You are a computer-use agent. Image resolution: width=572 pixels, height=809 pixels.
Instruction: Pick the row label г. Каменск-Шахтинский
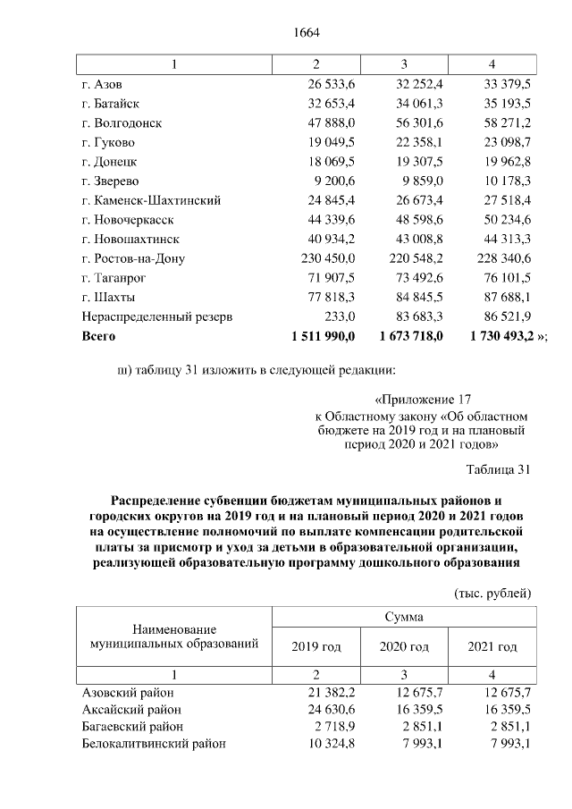150,200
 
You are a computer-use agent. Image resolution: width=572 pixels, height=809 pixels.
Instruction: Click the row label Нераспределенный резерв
157,317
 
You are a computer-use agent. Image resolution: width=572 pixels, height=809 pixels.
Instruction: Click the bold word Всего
98,337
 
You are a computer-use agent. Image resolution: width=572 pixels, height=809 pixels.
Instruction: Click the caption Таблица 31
500,469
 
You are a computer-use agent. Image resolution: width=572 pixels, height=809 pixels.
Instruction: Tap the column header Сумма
404,617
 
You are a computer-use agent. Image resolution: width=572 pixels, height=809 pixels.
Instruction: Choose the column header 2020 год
404,647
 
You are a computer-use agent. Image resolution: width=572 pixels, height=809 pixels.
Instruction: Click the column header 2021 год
492,647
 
